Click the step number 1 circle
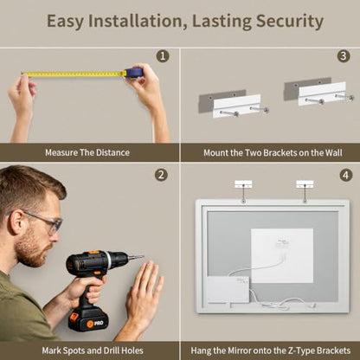163,56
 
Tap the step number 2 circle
161,175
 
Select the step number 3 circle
344,55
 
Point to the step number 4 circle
346,175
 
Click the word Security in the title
290,22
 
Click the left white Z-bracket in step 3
237,106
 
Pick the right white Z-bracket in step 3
322,93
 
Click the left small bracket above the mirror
243,184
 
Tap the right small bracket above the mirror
305,184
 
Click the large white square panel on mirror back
282,255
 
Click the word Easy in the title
65,22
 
